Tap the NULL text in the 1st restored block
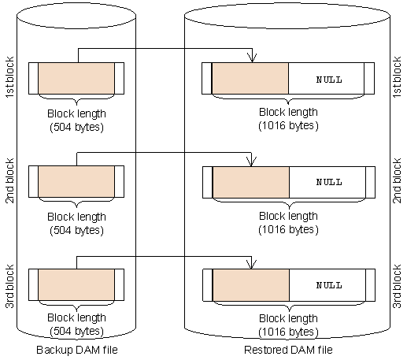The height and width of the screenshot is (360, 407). tap(328, 80)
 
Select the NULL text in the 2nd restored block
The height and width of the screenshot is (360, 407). tap(328, 182)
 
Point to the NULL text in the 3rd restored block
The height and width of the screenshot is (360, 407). tap(328, 284)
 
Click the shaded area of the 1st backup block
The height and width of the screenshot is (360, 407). tap(76, 78)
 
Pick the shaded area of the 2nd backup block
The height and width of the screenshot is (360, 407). tap(76, 181)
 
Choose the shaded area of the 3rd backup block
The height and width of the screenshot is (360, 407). tap(76, 284)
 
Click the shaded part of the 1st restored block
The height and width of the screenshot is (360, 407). tap(250, 79)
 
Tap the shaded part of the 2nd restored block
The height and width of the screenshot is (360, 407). tap(250, 182)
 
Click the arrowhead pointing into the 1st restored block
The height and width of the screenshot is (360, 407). tap(251, 58)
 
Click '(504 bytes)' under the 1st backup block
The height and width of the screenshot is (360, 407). tap(76, 126)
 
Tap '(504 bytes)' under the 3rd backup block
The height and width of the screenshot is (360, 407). tap(76, 331)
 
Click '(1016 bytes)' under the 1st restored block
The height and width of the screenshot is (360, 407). tap(287, 125)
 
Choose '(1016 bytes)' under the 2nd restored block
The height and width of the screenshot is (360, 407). tap(287, 228)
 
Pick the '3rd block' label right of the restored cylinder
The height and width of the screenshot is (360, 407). tap(397, 284)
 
